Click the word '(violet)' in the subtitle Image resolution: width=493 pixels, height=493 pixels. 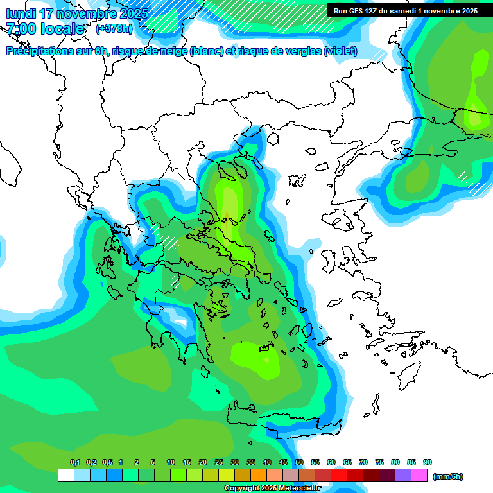[x=341, y=51]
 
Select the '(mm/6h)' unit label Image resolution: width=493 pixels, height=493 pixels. [x=447, y=476]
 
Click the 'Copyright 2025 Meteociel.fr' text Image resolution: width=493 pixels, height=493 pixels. [x=272, y=489]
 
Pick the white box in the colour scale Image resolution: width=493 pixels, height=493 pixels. [x=65, y=476]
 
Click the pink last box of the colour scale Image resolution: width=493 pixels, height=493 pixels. [x=420, y=476]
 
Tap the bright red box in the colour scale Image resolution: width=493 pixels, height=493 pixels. [x=339, y=476]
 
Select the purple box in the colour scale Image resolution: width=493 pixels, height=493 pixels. [x=403, y=476]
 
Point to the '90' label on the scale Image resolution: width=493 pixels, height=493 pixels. [x=428, y=462]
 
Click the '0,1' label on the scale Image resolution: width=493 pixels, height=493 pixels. [x=74, y=462]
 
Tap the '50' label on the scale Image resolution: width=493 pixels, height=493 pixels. [x=299, y=462]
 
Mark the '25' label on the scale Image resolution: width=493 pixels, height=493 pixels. [x=219, y=462]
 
